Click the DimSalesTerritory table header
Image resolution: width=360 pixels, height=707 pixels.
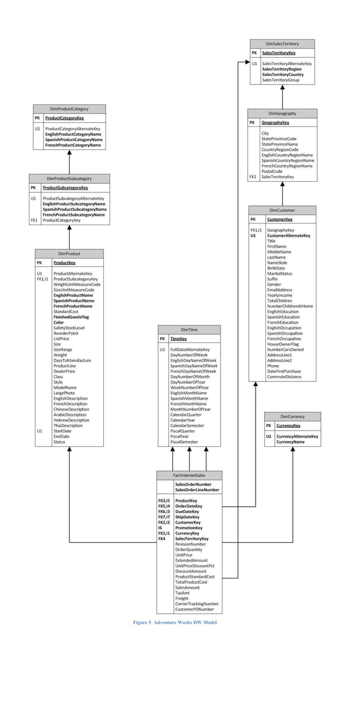click(x=282, y=43)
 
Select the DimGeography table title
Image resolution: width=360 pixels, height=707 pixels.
click(x=282, y=113)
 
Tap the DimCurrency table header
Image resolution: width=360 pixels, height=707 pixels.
click(x=292, y=416)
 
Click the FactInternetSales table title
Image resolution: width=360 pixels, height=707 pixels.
click(x=189, y=475)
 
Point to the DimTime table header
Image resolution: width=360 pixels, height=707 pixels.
click(x=189, y=330)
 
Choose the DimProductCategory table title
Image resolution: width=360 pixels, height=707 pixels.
click(x=69, y=109)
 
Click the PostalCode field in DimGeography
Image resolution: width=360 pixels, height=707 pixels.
click(x=272, y=172)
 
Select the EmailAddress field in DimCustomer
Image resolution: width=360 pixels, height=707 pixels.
click(x=279, y=290)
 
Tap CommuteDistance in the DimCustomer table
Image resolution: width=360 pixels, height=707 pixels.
click(x=284, y=377)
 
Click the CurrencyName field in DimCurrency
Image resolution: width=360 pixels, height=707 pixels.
click(x=290, y=442)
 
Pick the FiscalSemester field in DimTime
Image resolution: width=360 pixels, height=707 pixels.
click(x=184, y=442)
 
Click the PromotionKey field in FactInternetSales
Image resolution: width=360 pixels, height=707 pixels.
click(x=188, y=528)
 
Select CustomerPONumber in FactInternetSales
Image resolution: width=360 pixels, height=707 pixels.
click(x=194, y=609)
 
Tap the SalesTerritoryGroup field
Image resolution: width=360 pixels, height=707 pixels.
click(x=280, y=80)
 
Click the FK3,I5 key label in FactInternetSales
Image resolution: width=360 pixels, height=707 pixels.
click(x=165, y=500)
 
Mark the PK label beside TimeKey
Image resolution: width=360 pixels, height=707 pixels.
click(x=163, y=339)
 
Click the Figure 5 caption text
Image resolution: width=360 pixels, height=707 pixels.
click(x=175, y=622)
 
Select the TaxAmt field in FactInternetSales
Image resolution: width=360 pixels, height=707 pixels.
click(x=183, y=593)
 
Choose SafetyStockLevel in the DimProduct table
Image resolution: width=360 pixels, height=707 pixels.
click(x=69, y=328)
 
